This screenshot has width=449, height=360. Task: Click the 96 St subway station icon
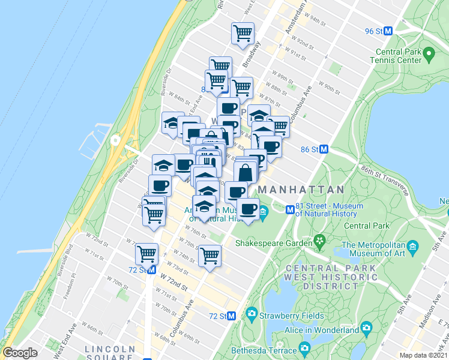point(388,31)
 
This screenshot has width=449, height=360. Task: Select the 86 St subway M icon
point(324,149)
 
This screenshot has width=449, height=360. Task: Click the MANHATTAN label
point(301,190)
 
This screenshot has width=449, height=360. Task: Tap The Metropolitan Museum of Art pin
point(412,247)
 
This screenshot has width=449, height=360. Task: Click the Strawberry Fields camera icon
point(251,314)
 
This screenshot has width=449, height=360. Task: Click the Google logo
point(20,353)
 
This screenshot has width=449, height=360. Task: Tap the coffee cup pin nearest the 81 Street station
point(248,209)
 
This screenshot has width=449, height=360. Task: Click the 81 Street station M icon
point(290,210)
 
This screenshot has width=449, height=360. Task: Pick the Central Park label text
point(366,226)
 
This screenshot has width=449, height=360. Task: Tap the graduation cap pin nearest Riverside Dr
point(172,122)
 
